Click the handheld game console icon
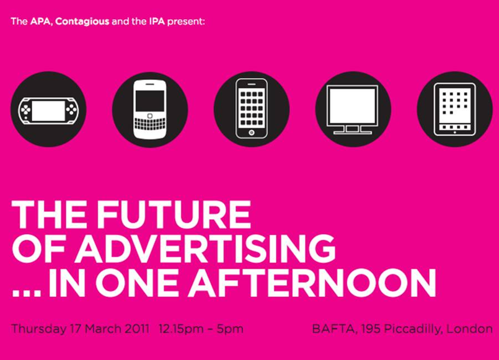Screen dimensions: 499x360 48,110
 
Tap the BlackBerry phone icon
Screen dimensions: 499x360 150,109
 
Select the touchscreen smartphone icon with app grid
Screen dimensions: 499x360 252,108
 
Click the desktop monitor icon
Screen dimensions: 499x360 353,110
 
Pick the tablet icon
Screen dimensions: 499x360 454,109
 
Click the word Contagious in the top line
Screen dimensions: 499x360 82,22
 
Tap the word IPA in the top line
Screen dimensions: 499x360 157,22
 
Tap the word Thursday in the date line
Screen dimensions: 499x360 39,328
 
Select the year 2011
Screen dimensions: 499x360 136,328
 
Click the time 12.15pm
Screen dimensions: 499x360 181,329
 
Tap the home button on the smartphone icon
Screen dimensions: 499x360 252,133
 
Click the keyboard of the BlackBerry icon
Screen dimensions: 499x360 150,124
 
